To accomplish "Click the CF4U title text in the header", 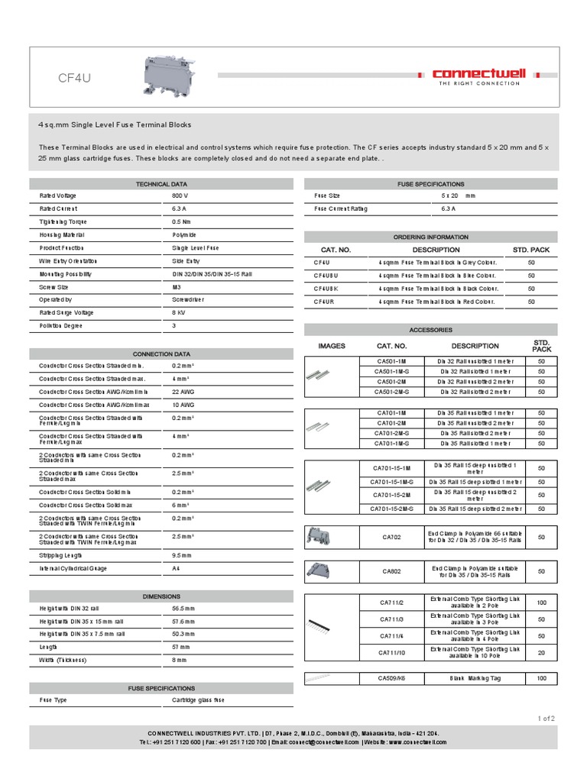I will point(75,77).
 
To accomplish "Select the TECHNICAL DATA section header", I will point(161,184).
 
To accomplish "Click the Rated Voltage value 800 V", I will point(180,195).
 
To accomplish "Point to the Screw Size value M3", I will point(177,287).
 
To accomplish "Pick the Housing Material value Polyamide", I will point(183,234).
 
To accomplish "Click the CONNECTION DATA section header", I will point(161,354).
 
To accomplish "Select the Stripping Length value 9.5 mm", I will point(183,555).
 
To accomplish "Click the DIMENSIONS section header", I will point(161,596).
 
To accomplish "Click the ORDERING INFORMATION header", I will point(431,237).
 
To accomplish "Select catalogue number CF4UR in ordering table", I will point(325,302).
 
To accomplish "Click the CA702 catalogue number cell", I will point(391,537).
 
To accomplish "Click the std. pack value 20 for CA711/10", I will point(541,653).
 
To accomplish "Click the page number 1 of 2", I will point(546,719).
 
